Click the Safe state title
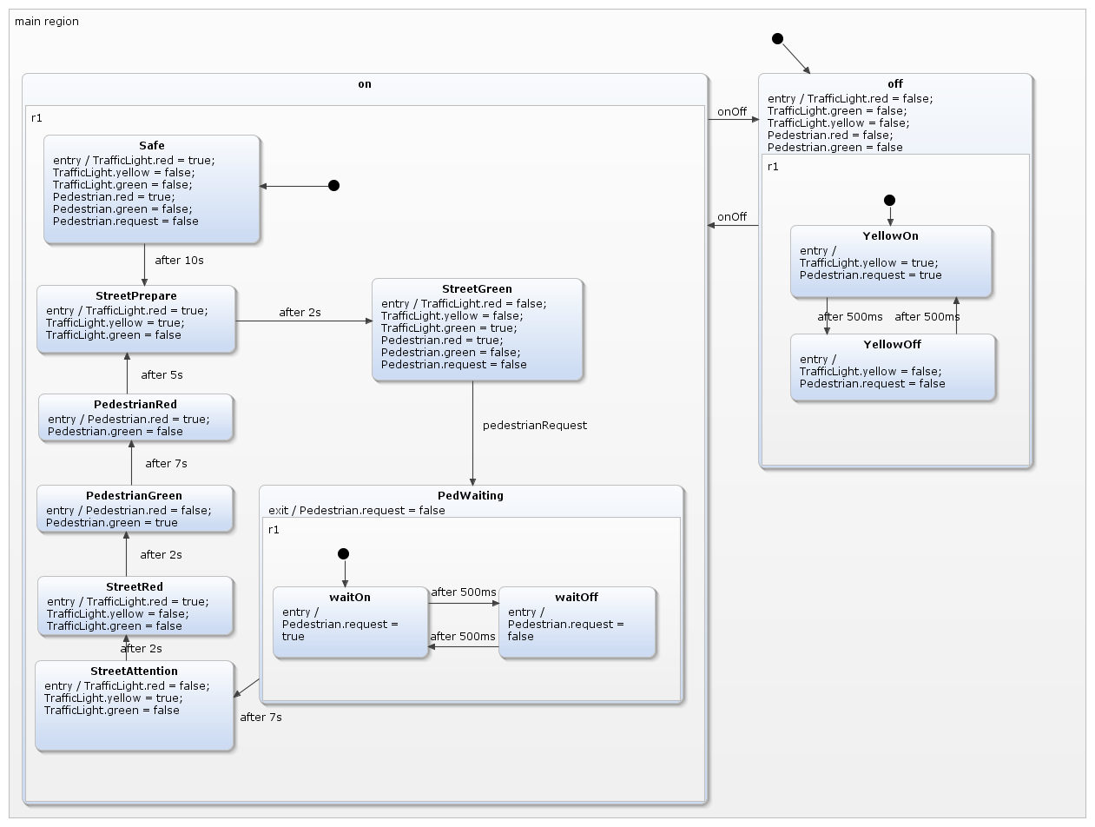click(x=151, y=145)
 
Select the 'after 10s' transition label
click(x=180, y=260)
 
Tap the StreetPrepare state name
click(x=135, y=295)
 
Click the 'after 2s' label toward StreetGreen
click(x=300, y=312)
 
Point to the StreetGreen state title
click(x=477, y=288)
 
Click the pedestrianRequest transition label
click(x=534, y=425)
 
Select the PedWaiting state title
click(x=470, y=495)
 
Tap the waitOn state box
click(x=350, y=623)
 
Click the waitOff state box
click(x=577, y=623)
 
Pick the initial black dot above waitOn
click(x=343, y=554)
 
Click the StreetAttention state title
click(x=134, y=671)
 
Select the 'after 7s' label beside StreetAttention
click(x=261, y=717)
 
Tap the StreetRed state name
click(x=134, y=586)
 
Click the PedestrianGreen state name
click(x=134, y=495)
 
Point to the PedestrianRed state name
click(x=135, y=404)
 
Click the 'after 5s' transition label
click(x=162, y=374)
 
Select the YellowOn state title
click(x=890, y=235)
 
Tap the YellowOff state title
click(x=892, y=344)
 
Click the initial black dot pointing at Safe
click(x=333, y=186)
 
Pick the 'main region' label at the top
click(x=47, y=21)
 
